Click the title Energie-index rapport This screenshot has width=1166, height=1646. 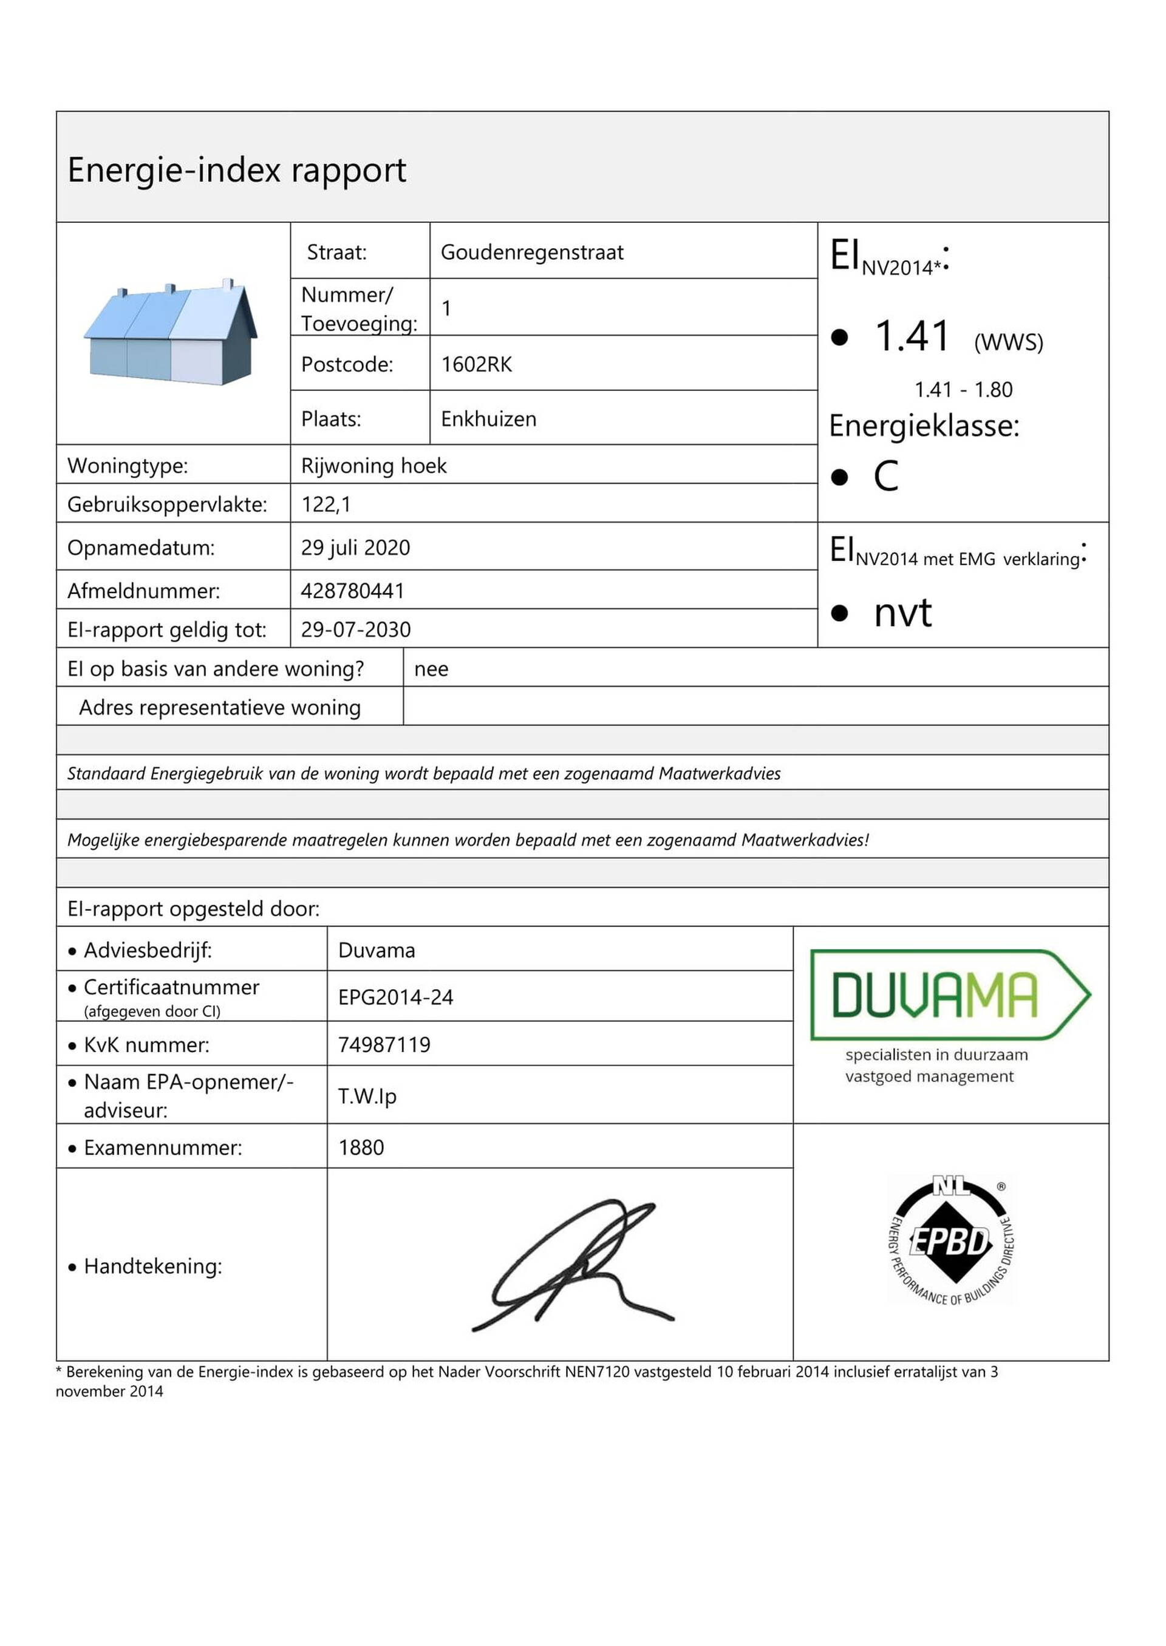[236, 170]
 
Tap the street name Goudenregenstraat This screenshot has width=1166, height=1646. [531, 252]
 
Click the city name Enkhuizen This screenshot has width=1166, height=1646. [488, 418]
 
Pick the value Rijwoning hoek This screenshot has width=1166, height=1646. [373, 465]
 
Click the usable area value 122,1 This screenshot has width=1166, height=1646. [326, 504]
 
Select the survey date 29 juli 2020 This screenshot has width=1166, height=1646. [355, 547]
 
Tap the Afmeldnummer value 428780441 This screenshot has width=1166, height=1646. [352, 590]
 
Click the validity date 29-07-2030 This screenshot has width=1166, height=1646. [355, 629]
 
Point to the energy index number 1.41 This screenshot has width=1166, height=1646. [912, 336]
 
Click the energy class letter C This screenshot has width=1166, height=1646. [885, 476]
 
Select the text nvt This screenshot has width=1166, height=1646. [902, 612]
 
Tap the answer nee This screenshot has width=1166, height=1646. [431, 668]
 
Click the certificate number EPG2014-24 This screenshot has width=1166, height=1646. [395, 996]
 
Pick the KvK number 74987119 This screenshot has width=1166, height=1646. [384, 1044]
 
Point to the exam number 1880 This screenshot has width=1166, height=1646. [361, 1147]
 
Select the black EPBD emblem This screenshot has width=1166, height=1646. [950, 1240]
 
